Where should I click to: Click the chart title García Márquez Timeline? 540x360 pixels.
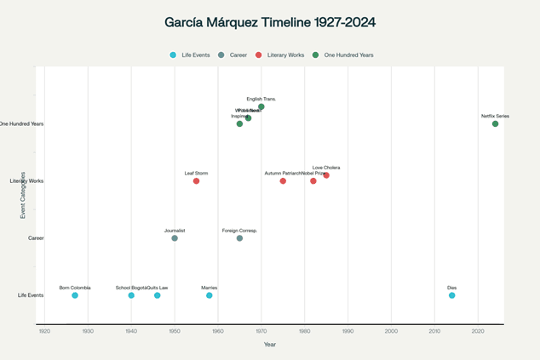[270, 22]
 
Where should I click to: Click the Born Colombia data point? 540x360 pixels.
[75, 295]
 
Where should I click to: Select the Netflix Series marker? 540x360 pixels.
[495, 124]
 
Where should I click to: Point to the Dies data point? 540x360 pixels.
[452, 295]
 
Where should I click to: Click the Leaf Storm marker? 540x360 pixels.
[196, 181]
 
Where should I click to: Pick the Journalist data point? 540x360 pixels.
[175, 238]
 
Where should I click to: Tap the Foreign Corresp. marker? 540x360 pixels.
[239, 238]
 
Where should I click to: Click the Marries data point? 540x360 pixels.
[210, 295]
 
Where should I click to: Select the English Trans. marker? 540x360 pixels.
[261, 107]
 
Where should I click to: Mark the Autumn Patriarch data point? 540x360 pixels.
[283, 181]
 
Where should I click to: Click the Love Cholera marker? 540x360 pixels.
[326, 175]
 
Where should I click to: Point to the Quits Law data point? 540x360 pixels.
[158, 295]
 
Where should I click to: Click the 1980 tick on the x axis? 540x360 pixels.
[305, 331]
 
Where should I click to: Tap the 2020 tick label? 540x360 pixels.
[478, 331]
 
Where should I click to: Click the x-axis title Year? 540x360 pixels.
[270, 345]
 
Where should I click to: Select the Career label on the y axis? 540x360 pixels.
[36, 238]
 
